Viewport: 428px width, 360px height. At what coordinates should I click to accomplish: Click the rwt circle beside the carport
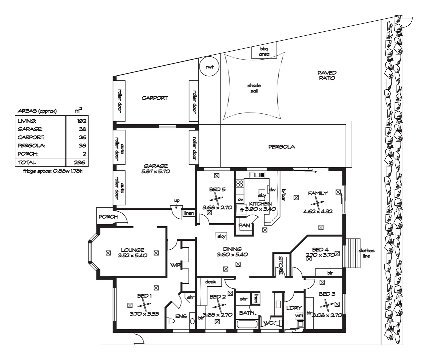click(209, 57)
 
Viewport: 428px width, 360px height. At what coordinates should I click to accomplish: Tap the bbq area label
click(264, 51)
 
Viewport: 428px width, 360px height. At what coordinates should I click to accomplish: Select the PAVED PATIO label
click(327, 75)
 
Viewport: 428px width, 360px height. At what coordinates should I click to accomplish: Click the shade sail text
click(254, 88)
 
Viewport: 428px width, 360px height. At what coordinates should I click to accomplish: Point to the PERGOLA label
click(282, 147)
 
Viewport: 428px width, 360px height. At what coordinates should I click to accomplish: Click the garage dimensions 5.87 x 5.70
click(155, 171)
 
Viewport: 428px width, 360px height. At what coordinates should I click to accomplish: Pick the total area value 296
click(79, 162)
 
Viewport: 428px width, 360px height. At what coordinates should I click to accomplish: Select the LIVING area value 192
click(81, 121)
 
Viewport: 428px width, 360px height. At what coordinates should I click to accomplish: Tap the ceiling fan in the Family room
click(317, 203)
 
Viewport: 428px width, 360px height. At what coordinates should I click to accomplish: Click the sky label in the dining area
click(222, 236)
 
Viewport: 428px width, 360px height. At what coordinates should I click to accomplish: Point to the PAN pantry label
click(244, 226)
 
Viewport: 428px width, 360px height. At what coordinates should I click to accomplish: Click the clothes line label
click(366, 253)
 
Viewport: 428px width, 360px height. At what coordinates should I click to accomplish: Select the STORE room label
click(281, 265)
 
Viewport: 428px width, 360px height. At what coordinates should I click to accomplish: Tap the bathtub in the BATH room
click(247, 324)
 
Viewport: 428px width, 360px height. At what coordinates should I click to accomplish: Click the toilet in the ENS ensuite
click(170, 321)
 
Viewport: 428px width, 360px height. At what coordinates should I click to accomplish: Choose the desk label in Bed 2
click(210, 282)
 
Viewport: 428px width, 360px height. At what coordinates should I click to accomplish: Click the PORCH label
click(108, 217)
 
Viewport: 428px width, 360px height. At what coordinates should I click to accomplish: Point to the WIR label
click(175, 265)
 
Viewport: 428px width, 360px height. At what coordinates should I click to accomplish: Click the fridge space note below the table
click(53, 171)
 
